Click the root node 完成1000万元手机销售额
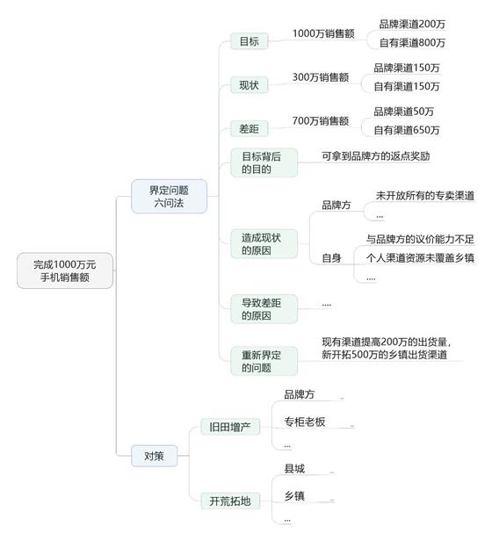click(65, 270)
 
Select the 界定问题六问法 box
click(170, 197)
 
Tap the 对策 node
click(154, 456)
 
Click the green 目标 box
click(249, 41)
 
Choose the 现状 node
click(249, 85)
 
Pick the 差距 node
click(249, 129)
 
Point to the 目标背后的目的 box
click(264, 162)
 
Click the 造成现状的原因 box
click(264, 244)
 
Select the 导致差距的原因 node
click(264, 309)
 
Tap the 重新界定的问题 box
click(264, 361)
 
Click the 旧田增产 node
click(230, 427)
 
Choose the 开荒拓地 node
click(230, 501)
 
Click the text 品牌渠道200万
click(412, 25)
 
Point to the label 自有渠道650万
click(407, 130)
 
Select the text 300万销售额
click(321, 77)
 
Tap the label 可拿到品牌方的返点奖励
click(376, 156)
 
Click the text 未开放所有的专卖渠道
click(425, 196)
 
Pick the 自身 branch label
click(331, 258)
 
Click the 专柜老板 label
click(305, 422)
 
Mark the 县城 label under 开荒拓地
click(294, 469)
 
